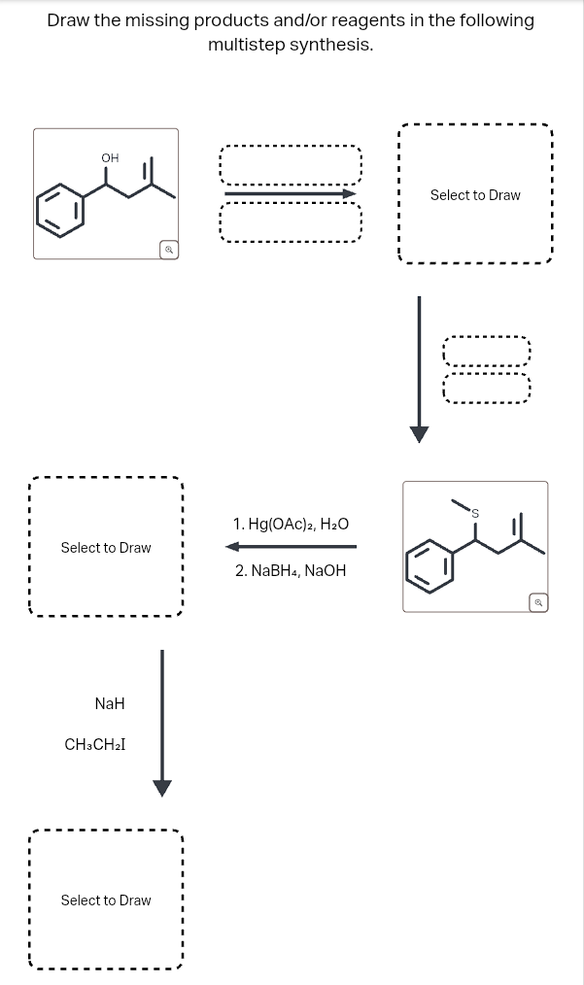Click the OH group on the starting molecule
tap(109, 158)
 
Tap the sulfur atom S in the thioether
tap(475, 512)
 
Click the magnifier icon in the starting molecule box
tap(168, 251)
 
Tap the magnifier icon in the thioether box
tap(537, 603)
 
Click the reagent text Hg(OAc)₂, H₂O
tap(291, 525)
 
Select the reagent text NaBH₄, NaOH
tap(291, 570)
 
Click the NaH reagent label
tap(110, 702)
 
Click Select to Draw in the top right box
tap(475, 195)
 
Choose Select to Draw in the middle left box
tap(106, 548)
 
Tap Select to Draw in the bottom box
tap(106, 900)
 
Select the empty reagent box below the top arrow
tap(291, 224)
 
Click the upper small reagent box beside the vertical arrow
tap(487, 351)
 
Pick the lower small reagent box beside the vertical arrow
tap(487, 388)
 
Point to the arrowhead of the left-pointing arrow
tap(232, 546)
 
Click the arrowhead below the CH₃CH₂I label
tap(162, 787)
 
